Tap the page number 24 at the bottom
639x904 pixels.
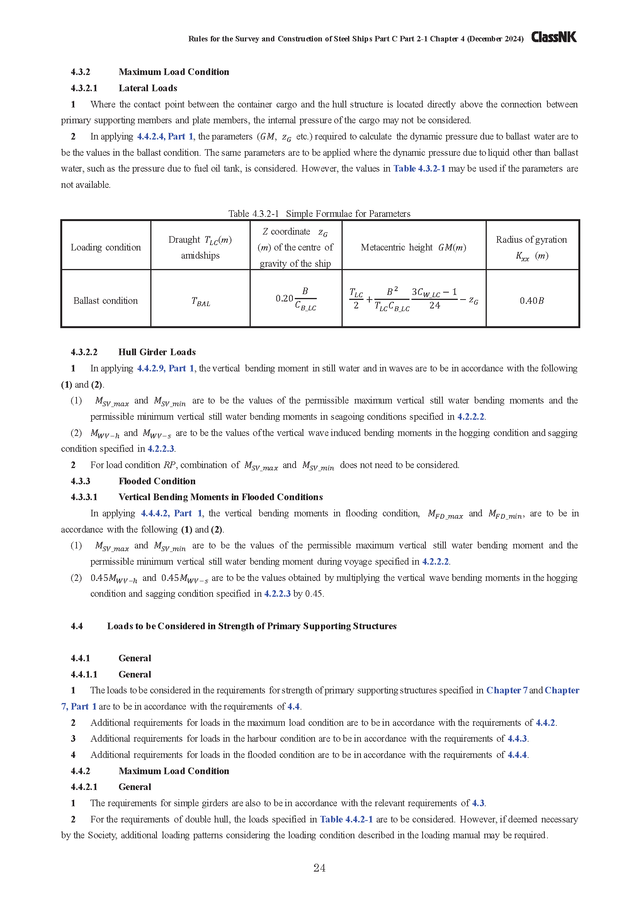pyautogui.click(x=319, y=868)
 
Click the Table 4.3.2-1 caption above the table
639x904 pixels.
pyautogui.click(x=319, y=213)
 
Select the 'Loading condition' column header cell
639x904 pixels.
pyautogui.click(x=105, y=247)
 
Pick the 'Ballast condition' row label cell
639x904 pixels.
pyautogui.click(x=105, y=301)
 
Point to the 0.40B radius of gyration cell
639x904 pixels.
pyautogui.click(x=532, y=301)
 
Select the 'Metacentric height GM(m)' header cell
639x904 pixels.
pyautogui.click(x=413, y=247)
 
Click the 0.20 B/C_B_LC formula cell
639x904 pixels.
pyautogui.click(x=296, y=299)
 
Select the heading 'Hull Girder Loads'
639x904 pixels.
pyautogui.click(x=157, y=352)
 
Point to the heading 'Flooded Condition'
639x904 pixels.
pyautogui.click(x=157, y=481)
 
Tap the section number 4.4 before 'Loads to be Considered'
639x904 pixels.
pyautogui.click(x=77, y=626)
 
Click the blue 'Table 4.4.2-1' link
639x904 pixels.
pyautogui.click(x=346, y=819)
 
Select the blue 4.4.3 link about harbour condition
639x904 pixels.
pyautogui.click(x=517, y=739)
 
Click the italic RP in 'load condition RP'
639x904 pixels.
pyautogui.click(x=169, y=465)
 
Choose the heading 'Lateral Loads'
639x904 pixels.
pyautogui.click(x=148, y=88)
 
